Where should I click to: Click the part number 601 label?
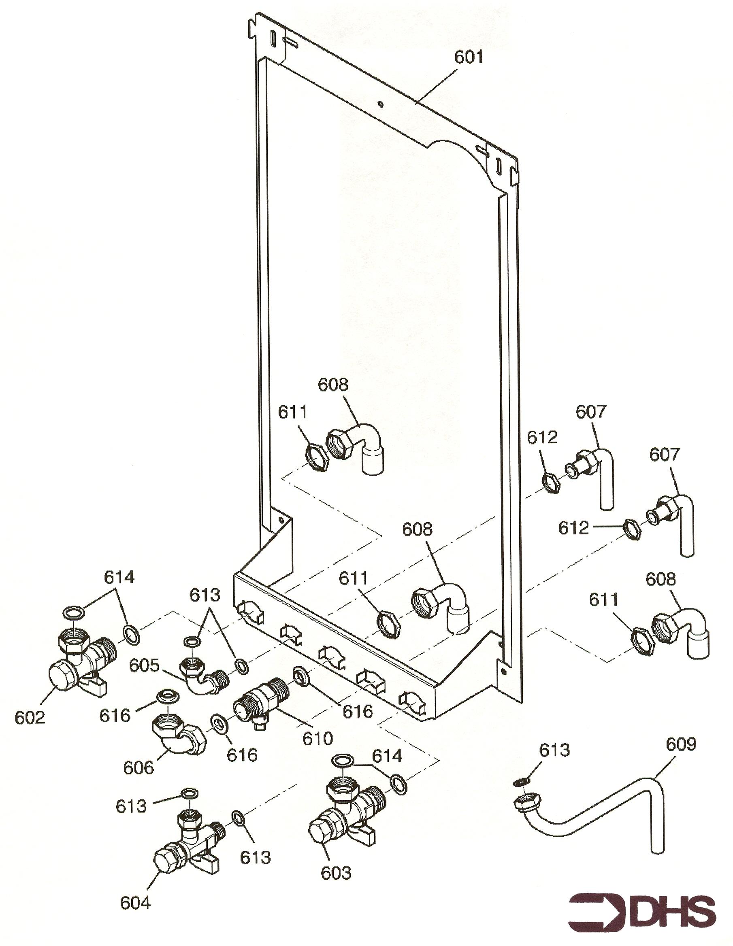tap(468, 57)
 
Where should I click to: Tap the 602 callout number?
tap(30, 718)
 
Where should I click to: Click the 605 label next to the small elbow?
tap(144, 665)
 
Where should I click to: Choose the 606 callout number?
tap(139, 768)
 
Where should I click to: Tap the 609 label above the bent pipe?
tap(681, 744)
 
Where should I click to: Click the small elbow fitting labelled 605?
tap(201, 676)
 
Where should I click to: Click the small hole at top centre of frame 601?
tap(380, 104)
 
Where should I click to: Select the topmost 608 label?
tap(333, 385)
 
